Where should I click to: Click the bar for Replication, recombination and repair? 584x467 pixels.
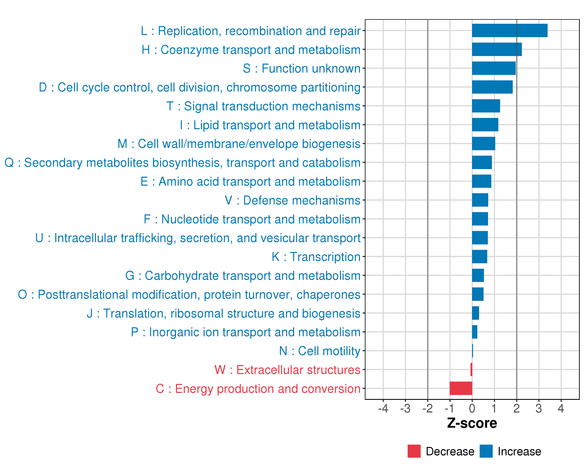pyautogui.click(x=509, y=31)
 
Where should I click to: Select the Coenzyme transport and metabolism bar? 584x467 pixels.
pyautogui.click(x=497, y=49)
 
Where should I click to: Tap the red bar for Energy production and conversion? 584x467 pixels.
pyautogui.click(x=461, y=388)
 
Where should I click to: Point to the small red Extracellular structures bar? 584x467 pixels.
pyautogui.click(x=471, y=370)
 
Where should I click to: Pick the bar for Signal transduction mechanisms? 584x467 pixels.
pyautogui.click(x=486, y=106)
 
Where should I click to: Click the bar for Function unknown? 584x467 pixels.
pyautogui.click(x=493, y=68)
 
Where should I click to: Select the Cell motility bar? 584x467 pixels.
pyautogui.click(x=472, y=351)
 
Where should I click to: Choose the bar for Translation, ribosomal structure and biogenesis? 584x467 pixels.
pyautogui.click(x=475, y=313)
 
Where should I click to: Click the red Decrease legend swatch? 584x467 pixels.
pyautogui.click(x=414, y=451)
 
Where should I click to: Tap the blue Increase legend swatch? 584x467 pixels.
pyautogui.click(x=486, y=451)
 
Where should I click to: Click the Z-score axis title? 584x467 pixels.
pyautogui.click(x=472, y=423)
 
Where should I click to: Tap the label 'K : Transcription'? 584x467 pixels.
pyautogui.click(x=316, y=257)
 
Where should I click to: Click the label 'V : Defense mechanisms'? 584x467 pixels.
pyautogui.click(x=293, y=200)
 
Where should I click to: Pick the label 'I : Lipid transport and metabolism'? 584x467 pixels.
pyautogui.click(x=270, y=125)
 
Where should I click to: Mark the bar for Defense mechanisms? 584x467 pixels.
pyautogui.click(x=480, y=200)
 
